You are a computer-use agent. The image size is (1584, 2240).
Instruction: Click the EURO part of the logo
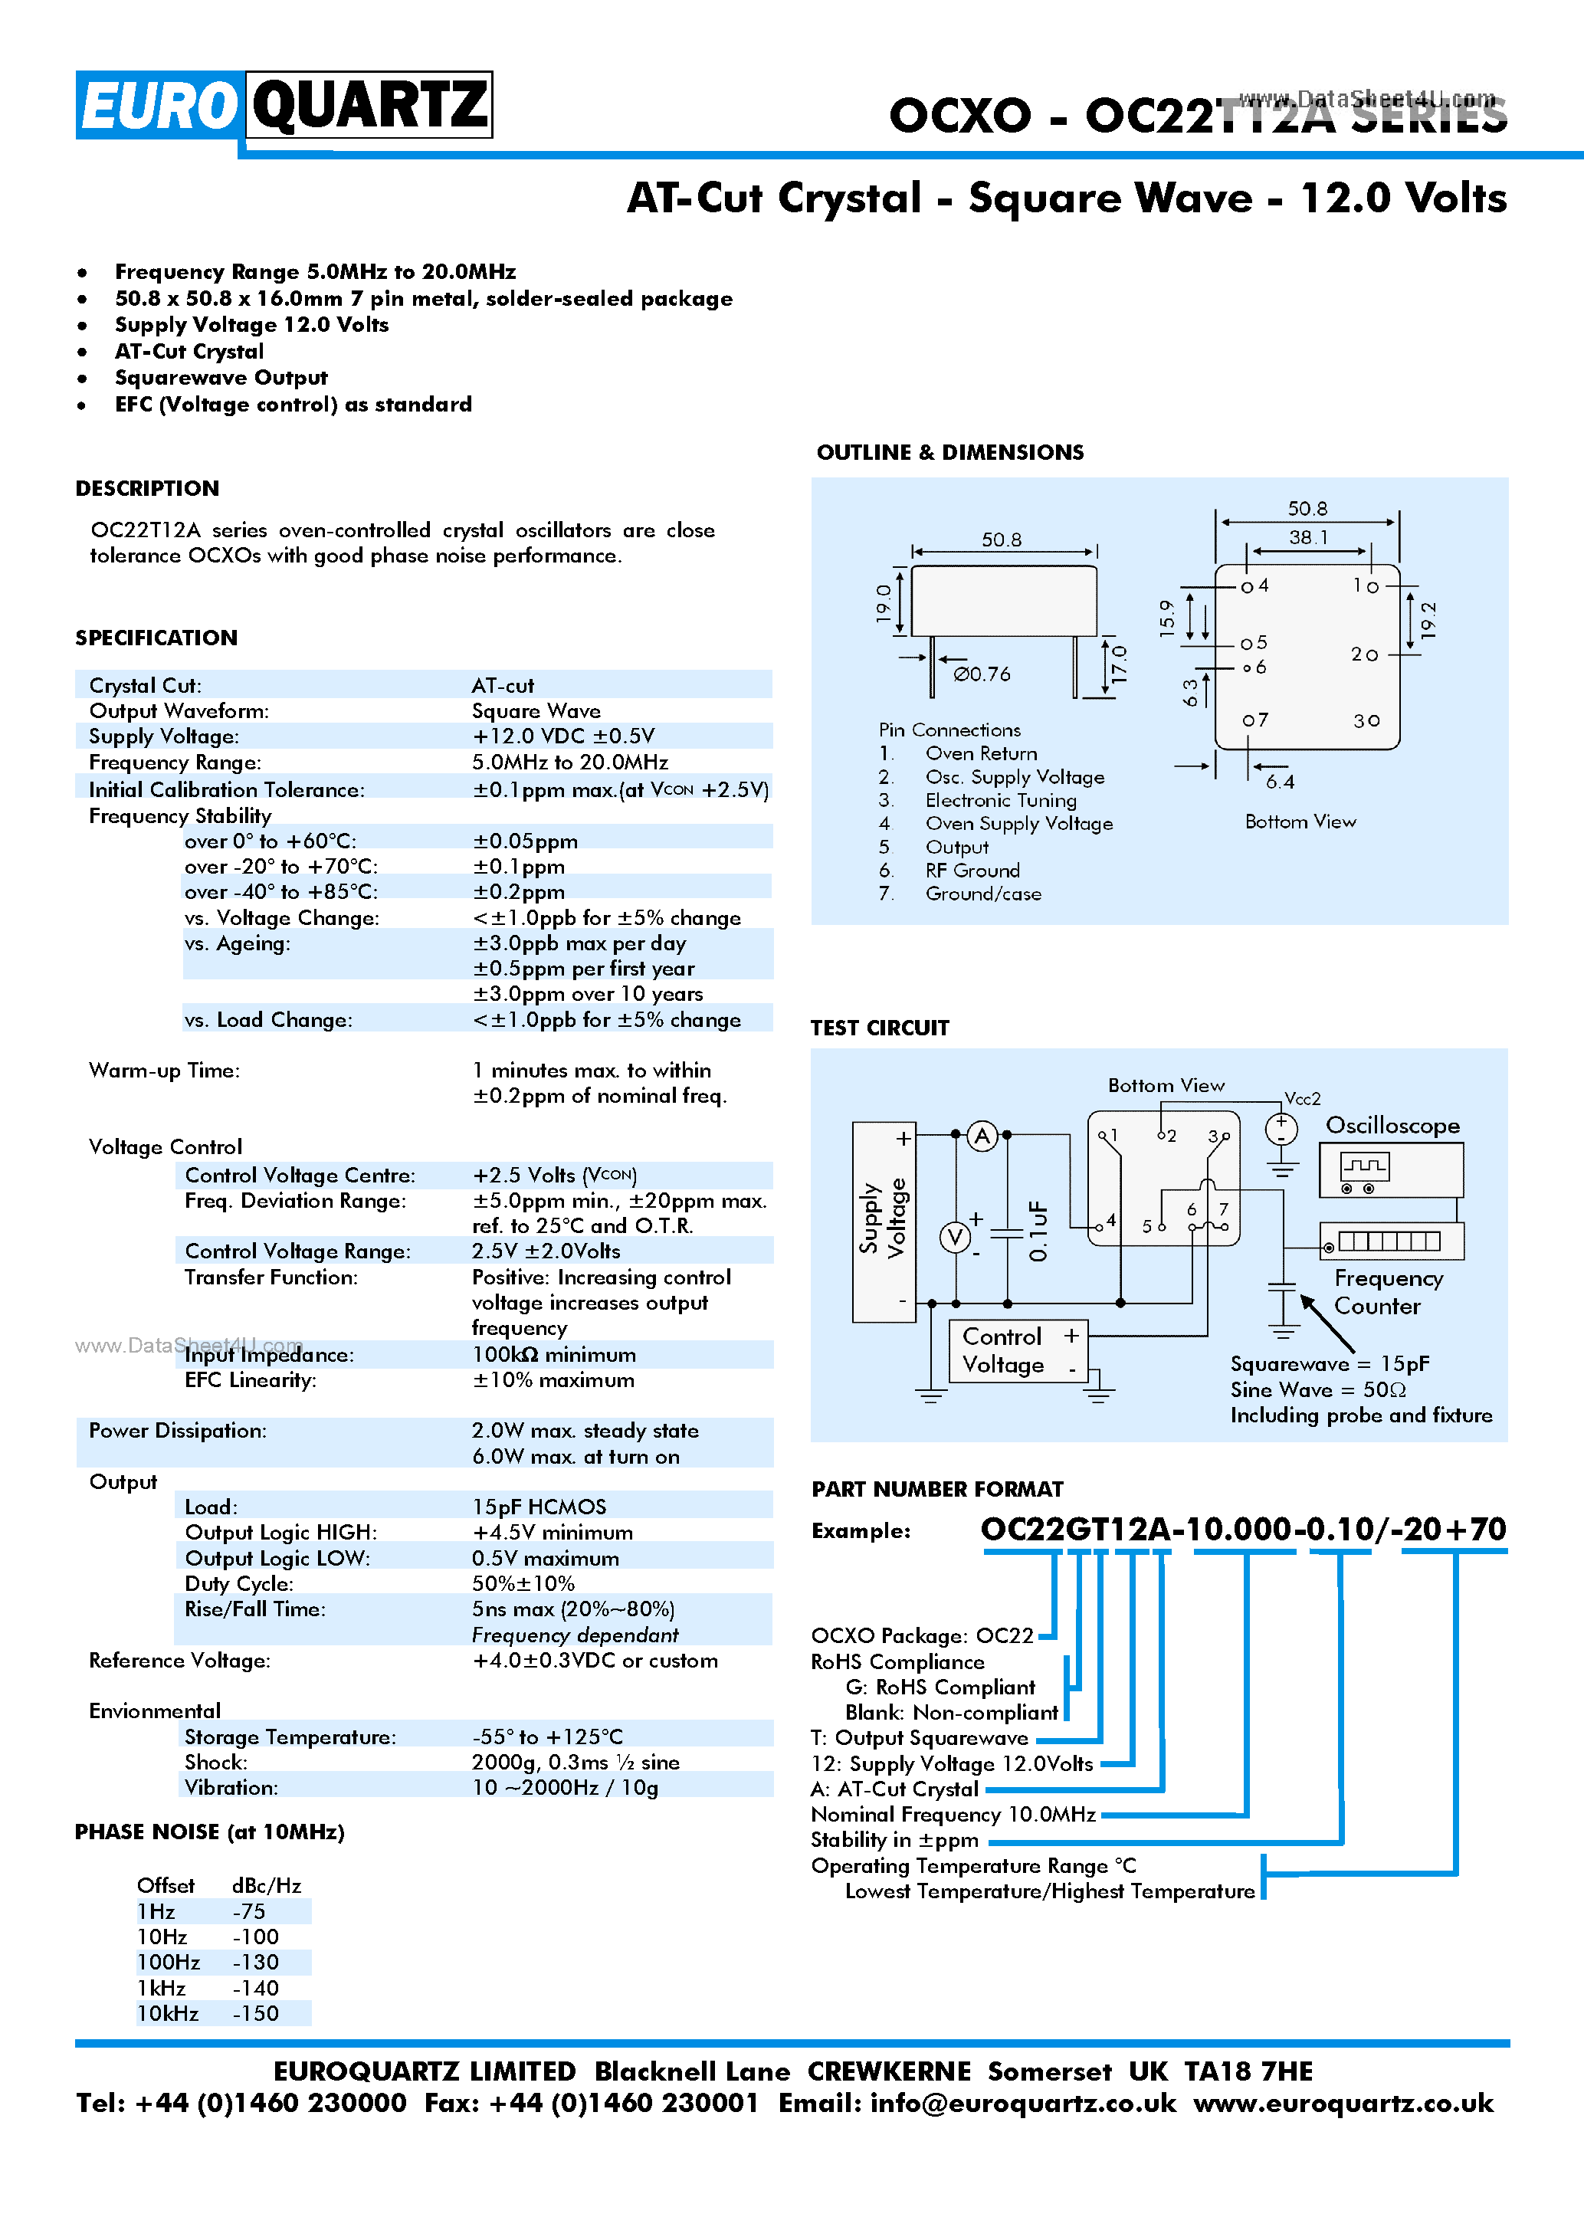pyautogui.click(x=159, y=104)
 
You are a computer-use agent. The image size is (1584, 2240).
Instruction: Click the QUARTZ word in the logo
pyautogui.click(x=369, y=104)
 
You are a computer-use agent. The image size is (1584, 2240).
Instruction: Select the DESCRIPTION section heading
pyautogui.click(x=147, y=488)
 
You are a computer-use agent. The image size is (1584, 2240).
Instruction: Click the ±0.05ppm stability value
pyautogui.click(x=525, y=841)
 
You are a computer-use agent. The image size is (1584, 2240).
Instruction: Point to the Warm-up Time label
pyautogui.click(x=164, y=1071)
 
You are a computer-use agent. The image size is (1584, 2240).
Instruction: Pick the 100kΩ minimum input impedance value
pyautogui.click(x=553, y=1354)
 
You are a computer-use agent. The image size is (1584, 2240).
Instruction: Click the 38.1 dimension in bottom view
pyautogui.click(x=1307, y=536)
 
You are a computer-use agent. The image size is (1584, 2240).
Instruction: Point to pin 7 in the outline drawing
pyautogui.click(x=1255, y=720)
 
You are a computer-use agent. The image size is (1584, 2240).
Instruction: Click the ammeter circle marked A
pyautogui.click(x=982, y=1136)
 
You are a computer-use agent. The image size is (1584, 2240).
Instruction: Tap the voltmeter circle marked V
pyautogui.click(x=955, y=1237)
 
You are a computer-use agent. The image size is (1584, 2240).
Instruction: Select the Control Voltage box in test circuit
pyautogui.click(x=1018, y=1351)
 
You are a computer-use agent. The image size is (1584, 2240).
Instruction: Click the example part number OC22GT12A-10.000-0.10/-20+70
pyautogui.click(x=1243, y=1529)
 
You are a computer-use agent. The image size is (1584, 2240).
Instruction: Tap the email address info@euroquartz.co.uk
pyautogui.click(x=1022, y=2102)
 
